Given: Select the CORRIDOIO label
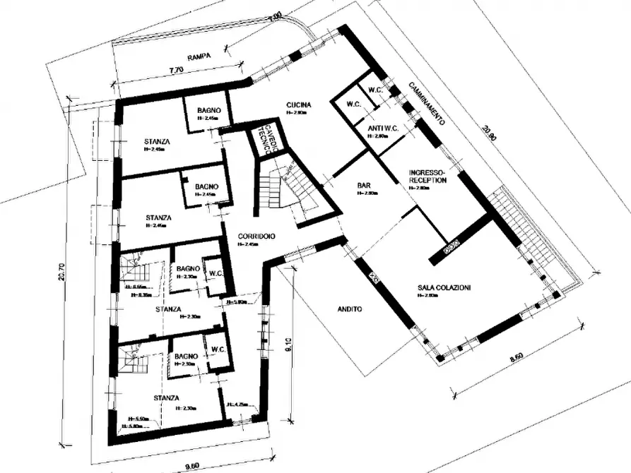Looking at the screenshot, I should point(256,236).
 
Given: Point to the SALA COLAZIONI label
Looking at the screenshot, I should point(444,287).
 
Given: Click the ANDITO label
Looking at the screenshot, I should point(350,309).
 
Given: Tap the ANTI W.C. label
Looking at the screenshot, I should point(382,128).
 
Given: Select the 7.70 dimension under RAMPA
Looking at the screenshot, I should point(177,70).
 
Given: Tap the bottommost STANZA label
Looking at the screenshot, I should point(164,397).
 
